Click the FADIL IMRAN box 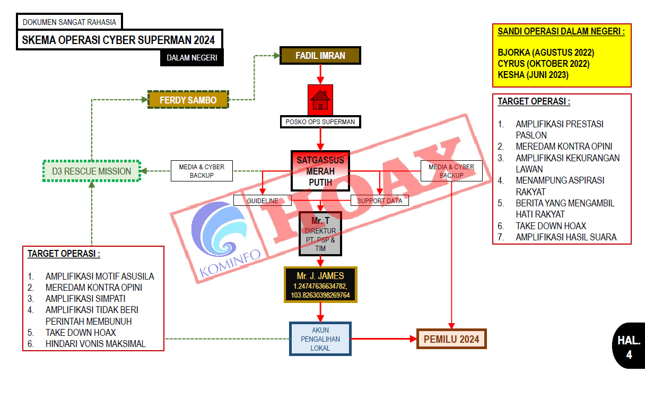(320, 55)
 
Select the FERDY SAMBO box (188, 99)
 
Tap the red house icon (320, 100)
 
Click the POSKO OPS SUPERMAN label (320, 122)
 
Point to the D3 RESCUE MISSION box (91, 171)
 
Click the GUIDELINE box (263, 201)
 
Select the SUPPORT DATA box (379, 201)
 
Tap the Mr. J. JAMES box (320, 285)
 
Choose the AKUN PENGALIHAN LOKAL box (320, 339)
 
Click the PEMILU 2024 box (451, 339)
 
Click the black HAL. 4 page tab (629, 345)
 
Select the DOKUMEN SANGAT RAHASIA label (69, 22)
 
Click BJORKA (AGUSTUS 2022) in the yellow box (546, 53)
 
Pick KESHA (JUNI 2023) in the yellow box (533, 75)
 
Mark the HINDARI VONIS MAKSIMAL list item (95, 344)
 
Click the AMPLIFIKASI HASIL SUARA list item (566, 237)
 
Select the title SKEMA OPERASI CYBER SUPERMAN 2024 (119, 40)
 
